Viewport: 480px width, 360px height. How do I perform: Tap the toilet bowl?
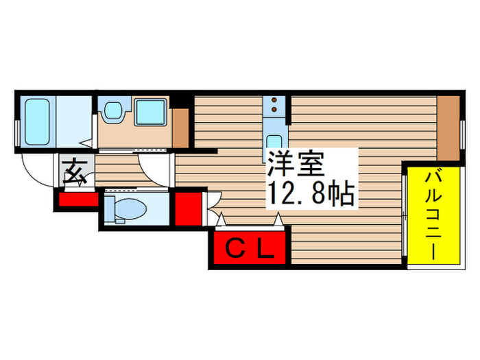tap(126, 208)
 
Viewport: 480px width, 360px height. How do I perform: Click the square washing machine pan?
tap(150, 112)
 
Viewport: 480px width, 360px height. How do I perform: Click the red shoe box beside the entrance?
tap(77, 200)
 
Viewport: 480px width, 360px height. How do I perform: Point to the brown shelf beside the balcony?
tap(449, 128)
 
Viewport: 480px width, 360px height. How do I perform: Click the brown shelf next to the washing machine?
tap(180, 128)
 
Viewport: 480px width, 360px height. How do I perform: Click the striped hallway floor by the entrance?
tap(123, 169)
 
